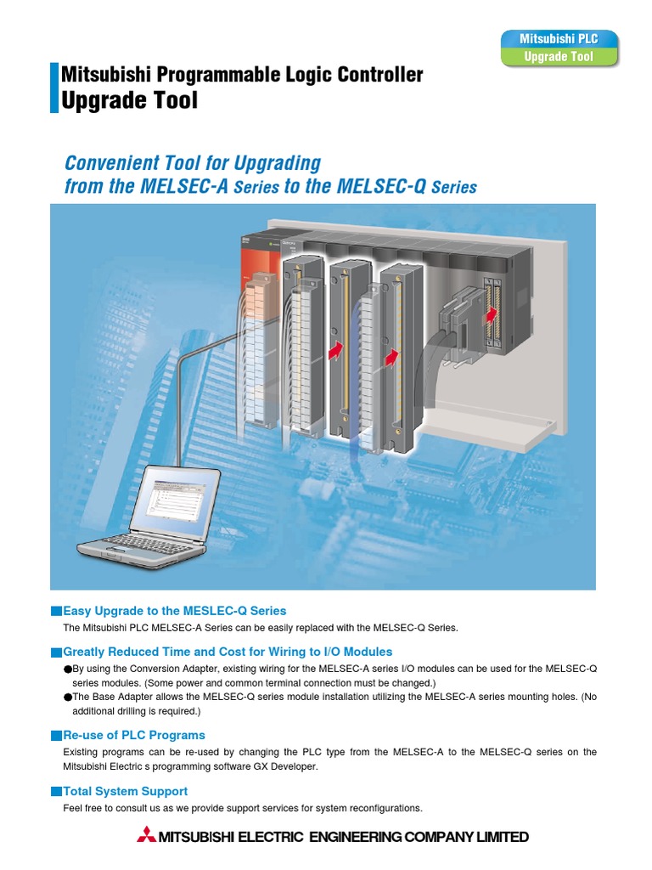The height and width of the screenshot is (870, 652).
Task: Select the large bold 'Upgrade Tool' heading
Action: point(130,100)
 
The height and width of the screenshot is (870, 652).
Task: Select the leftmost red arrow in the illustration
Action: point(338,349)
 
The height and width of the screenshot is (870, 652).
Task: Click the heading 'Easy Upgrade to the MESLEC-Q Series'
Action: point(175,610)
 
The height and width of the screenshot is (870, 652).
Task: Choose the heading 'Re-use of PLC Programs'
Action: point(134,734)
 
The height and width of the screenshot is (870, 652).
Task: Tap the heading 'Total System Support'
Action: point(126,791)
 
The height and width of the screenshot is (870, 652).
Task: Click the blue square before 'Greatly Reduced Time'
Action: point(57,652)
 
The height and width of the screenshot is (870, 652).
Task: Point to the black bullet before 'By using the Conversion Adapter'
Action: point(68,669)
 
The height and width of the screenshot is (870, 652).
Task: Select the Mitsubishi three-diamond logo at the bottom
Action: point(147,837)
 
